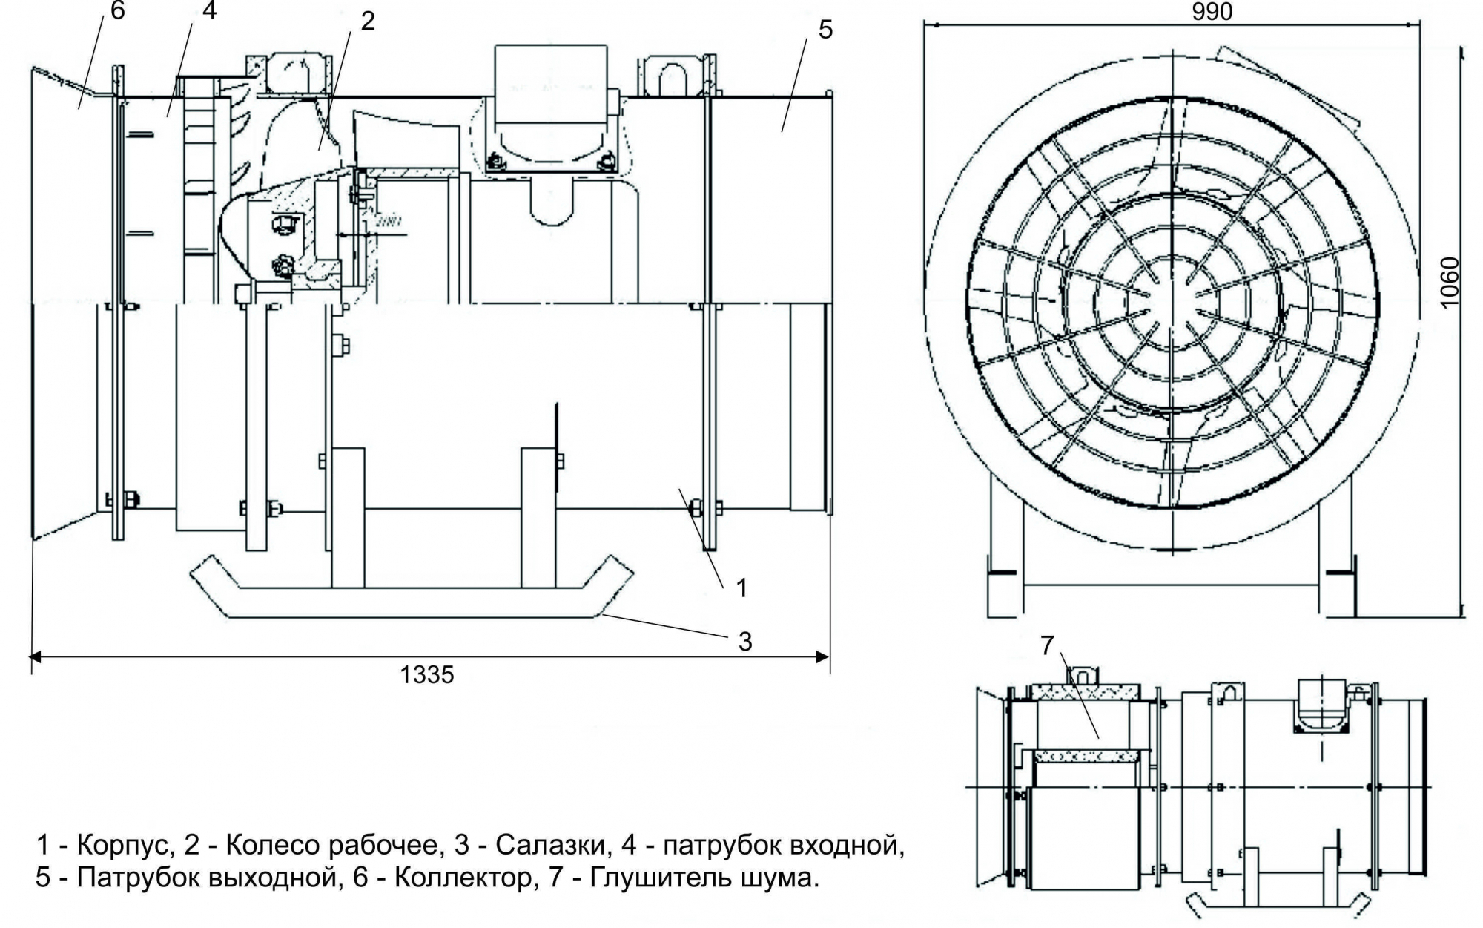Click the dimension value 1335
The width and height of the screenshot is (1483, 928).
point(427,674)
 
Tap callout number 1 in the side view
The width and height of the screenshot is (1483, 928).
point(741,588)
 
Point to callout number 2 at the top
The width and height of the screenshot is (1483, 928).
point(368,21)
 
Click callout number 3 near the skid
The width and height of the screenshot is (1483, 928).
point(745,641)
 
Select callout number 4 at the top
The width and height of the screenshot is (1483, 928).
point(210,10)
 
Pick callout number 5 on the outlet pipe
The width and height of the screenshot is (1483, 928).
point(825,30)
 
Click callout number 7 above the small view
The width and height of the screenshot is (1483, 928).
point(1046,646)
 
